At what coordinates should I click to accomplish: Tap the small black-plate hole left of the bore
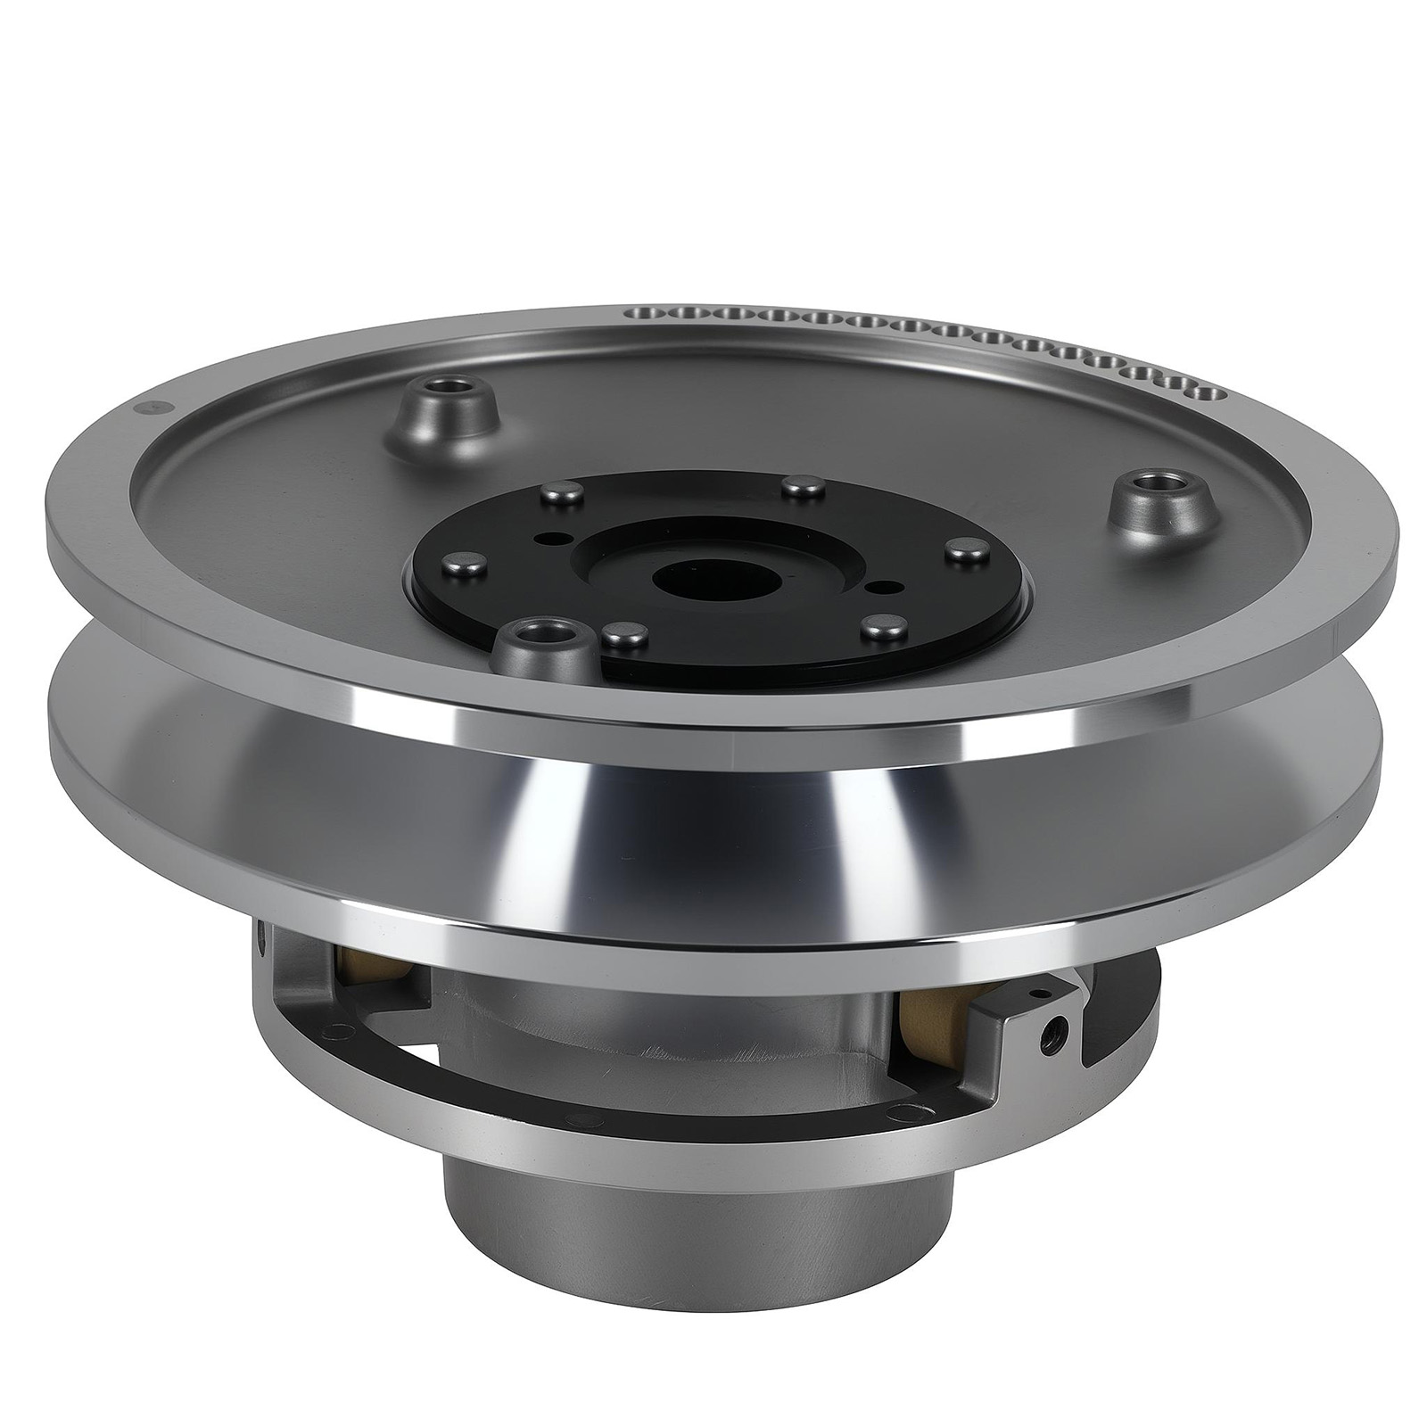(557, 539)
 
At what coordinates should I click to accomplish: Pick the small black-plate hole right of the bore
(883, 586)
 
